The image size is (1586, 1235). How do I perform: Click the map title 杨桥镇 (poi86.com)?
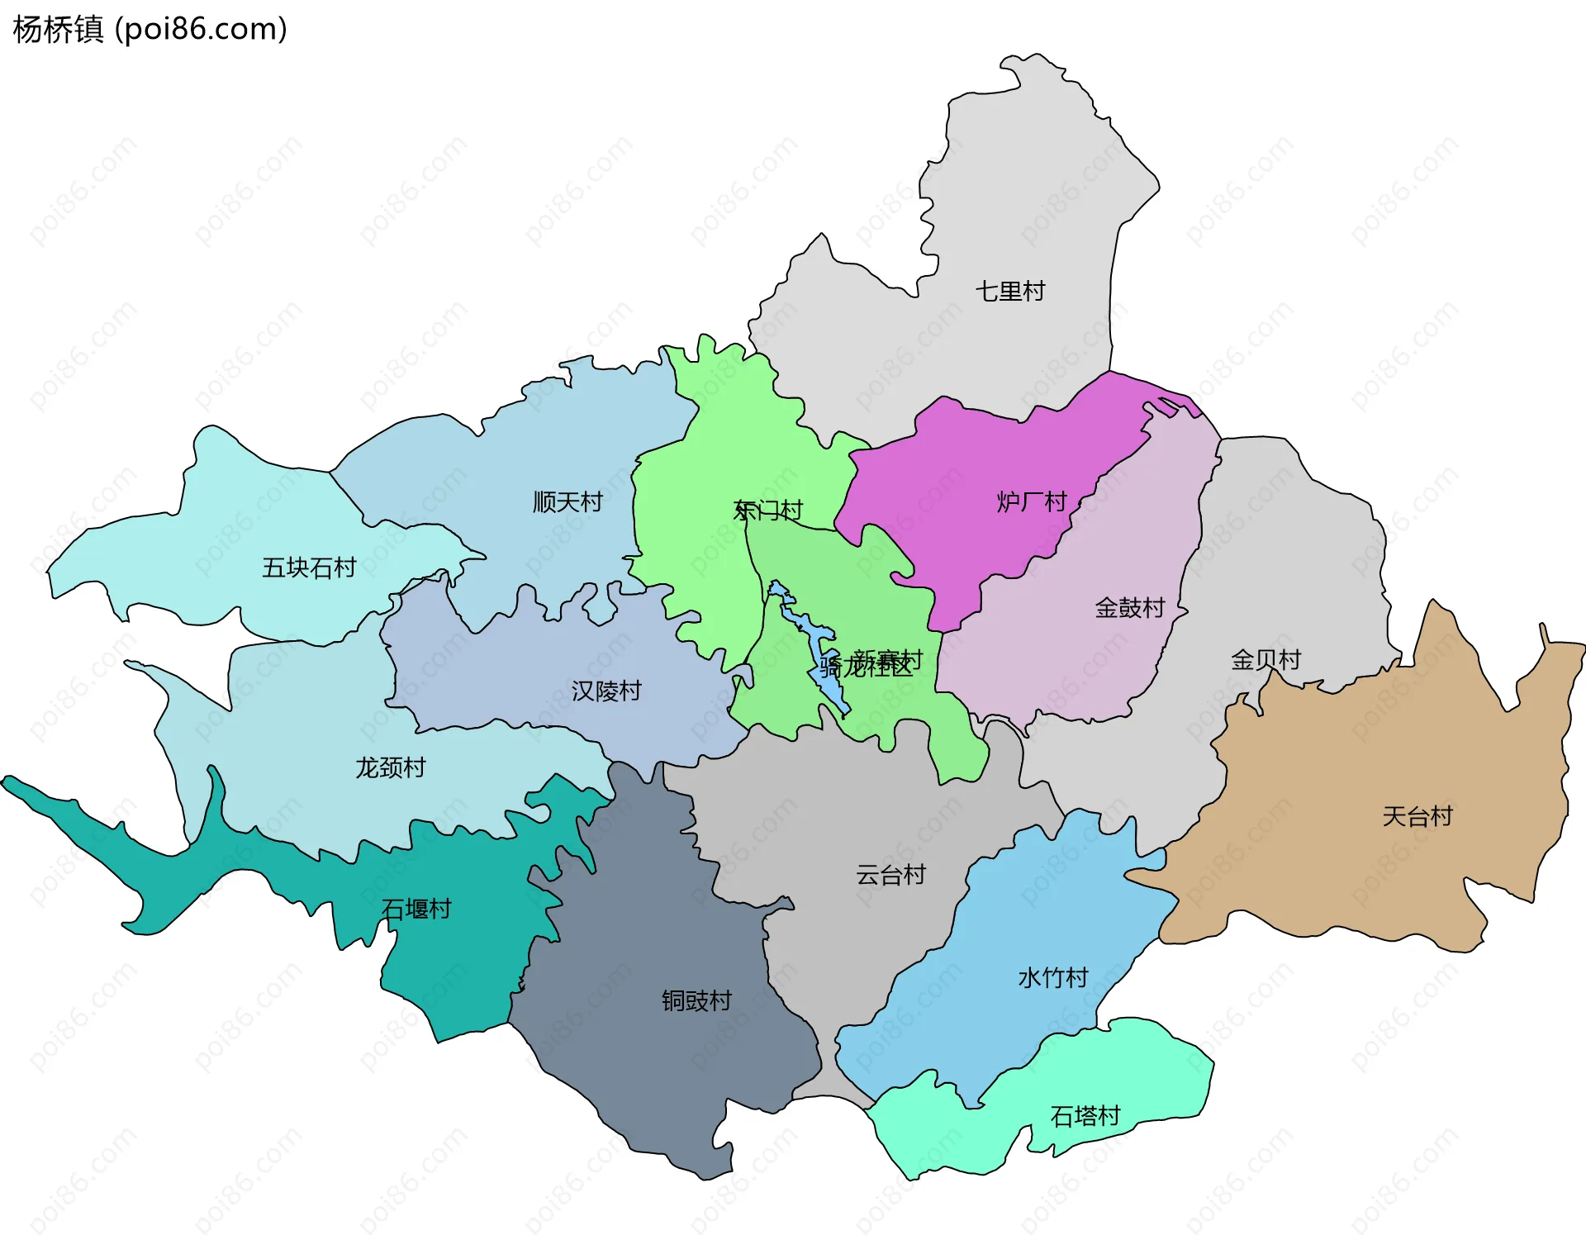click(x=150, y=29)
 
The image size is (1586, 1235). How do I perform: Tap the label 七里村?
click(x=1009, y=291)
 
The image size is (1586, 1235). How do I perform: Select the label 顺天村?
click(x=567, y=501)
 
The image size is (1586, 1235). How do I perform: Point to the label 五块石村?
click(x=308, y=568)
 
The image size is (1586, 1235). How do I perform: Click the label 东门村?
click(x=768, y=510)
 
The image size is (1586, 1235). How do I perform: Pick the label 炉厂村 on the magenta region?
click(x=1032, y=501)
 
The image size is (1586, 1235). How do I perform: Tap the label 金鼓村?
click(x=1129, y=608)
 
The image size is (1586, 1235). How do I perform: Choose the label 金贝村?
click(x=1265, y=659)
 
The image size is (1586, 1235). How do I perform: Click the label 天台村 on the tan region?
click(x=1417, y=816)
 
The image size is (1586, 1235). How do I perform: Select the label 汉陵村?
click(x=606, y=691)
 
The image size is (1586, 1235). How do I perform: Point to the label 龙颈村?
click(x=390, y=767)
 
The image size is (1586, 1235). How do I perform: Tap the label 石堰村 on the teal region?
click(x=416, y=909)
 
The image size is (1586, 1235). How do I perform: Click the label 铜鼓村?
click(x=696, y=1000)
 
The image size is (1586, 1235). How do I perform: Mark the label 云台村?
click(x=890, y=874)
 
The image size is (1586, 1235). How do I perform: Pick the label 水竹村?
click(x=1053, y=977)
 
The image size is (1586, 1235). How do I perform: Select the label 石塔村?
click(x=1085, y=1116)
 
